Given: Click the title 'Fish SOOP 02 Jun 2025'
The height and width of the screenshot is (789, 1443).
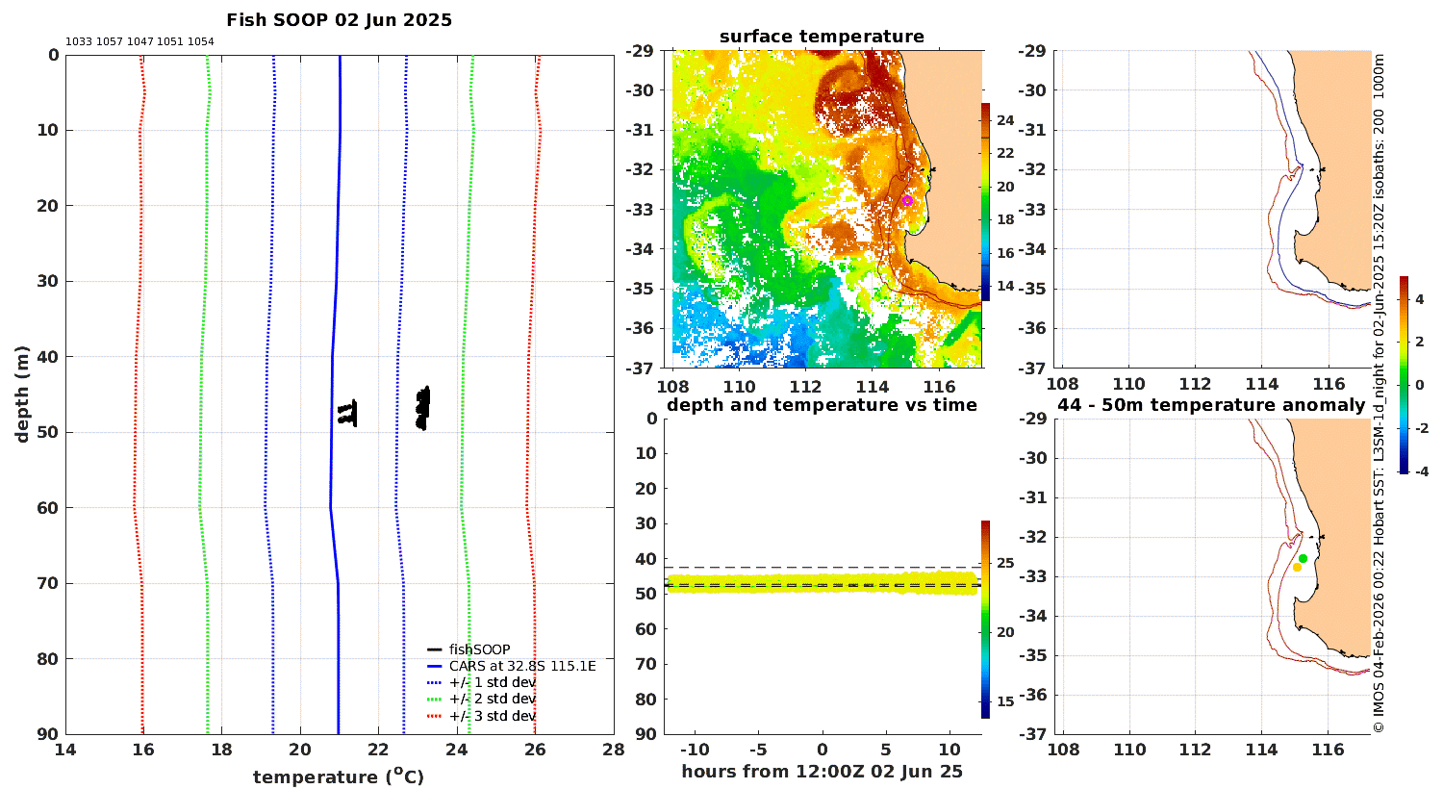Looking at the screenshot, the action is click(339, 20).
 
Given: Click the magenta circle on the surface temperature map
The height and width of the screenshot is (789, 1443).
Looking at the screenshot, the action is click(907, 201).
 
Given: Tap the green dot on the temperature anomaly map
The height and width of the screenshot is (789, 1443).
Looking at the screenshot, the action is click(1303, 558).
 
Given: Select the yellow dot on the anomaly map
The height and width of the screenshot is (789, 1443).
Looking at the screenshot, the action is click(1297, 568).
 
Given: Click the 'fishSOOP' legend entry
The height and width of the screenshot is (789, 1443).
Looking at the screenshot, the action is click(479, 649).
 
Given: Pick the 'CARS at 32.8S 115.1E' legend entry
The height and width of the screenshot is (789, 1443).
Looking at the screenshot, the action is click(522, 666).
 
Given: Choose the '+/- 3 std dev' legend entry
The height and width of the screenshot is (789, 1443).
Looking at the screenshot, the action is click(493, 716).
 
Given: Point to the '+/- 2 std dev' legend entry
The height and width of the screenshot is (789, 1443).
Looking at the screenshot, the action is click(493, 699).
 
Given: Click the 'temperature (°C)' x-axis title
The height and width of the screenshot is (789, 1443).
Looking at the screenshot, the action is click(339, 776).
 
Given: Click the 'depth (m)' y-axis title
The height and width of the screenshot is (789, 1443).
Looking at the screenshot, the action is click(22, 394).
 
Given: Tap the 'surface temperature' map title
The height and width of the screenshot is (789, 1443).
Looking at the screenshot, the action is click(822, 36).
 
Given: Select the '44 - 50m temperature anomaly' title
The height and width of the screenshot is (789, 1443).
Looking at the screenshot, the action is click(1211, 404).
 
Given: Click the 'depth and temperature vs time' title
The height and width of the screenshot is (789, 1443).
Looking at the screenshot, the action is click(822, 404).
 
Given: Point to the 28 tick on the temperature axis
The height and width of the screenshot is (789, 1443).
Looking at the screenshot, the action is click(614, 750).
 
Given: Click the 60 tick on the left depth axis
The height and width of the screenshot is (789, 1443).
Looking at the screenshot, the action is click(49, 507).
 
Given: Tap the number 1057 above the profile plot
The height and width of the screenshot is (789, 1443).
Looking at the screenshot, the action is click(110, 42).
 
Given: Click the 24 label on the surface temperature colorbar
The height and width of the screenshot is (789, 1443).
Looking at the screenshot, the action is click(1005, 120).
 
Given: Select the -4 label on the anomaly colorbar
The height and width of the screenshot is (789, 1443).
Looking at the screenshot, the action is click(1421, 471).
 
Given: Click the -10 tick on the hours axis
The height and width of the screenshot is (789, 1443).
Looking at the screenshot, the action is click(695, 750).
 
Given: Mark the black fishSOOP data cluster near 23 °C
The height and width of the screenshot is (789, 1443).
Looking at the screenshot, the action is click(422, 408).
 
